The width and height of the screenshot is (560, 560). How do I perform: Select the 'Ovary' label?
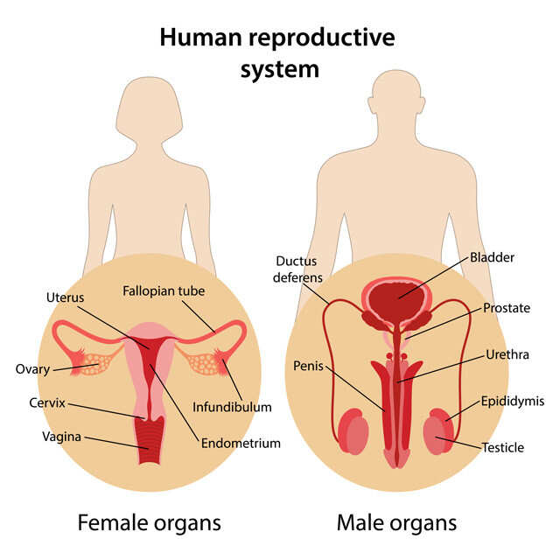[x=32, y=368]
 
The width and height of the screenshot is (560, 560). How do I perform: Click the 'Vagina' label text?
[x=63, y=435]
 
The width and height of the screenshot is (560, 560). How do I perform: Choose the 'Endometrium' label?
[x=241, y=443]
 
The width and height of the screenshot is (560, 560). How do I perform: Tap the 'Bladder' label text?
[x=492, y=258]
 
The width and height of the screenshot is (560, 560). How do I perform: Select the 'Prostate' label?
[x=507, y=308]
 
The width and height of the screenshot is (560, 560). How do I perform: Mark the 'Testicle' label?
[x=503, y=448]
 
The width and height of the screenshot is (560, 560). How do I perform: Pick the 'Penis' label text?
[x=309, y=366]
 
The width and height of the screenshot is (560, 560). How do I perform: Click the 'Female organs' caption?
[x=149, y=523]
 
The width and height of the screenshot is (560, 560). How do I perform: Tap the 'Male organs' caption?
[x=396, y=523]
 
